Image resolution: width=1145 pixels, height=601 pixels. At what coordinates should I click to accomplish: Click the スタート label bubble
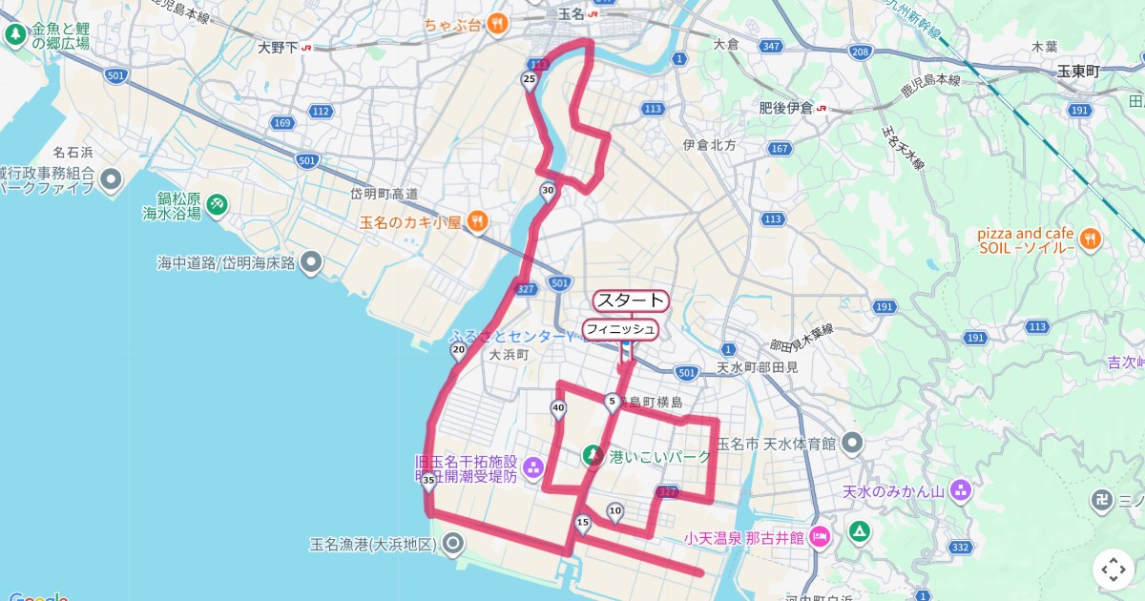coord(631,300)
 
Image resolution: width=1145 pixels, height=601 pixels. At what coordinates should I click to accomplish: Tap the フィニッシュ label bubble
coord(620,329)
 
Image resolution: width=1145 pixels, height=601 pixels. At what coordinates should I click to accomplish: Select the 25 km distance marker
coord(530,80)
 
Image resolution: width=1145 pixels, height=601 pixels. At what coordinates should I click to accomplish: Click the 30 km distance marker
coord(548,191)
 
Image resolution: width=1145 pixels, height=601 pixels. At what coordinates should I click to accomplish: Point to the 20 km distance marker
coord(458,351)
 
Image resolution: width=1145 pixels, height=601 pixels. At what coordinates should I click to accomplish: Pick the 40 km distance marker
coord(558,409)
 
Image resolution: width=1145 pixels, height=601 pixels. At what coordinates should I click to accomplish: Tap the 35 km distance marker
coord(428,481)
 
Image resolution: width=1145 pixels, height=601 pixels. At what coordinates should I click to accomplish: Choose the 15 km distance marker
coord(583,523)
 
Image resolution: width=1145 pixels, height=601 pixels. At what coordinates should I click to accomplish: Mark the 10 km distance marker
coord(615,511)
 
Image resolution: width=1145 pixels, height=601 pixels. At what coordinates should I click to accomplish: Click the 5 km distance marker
coord(612,403)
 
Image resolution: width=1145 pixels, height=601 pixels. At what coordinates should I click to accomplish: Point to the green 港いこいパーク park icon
coord(593,456)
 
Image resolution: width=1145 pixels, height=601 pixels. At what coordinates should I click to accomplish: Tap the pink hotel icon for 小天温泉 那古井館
coord(820,538)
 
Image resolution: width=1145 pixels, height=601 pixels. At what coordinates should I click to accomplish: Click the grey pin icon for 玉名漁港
coord(452,545)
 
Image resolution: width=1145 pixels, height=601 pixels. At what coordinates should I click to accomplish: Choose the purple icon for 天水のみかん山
coord(960,492)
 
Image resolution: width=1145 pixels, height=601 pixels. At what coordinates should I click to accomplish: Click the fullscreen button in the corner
coord(1114,570)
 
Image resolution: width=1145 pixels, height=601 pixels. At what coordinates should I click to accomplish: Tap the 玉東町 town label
coord(1078,72)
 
